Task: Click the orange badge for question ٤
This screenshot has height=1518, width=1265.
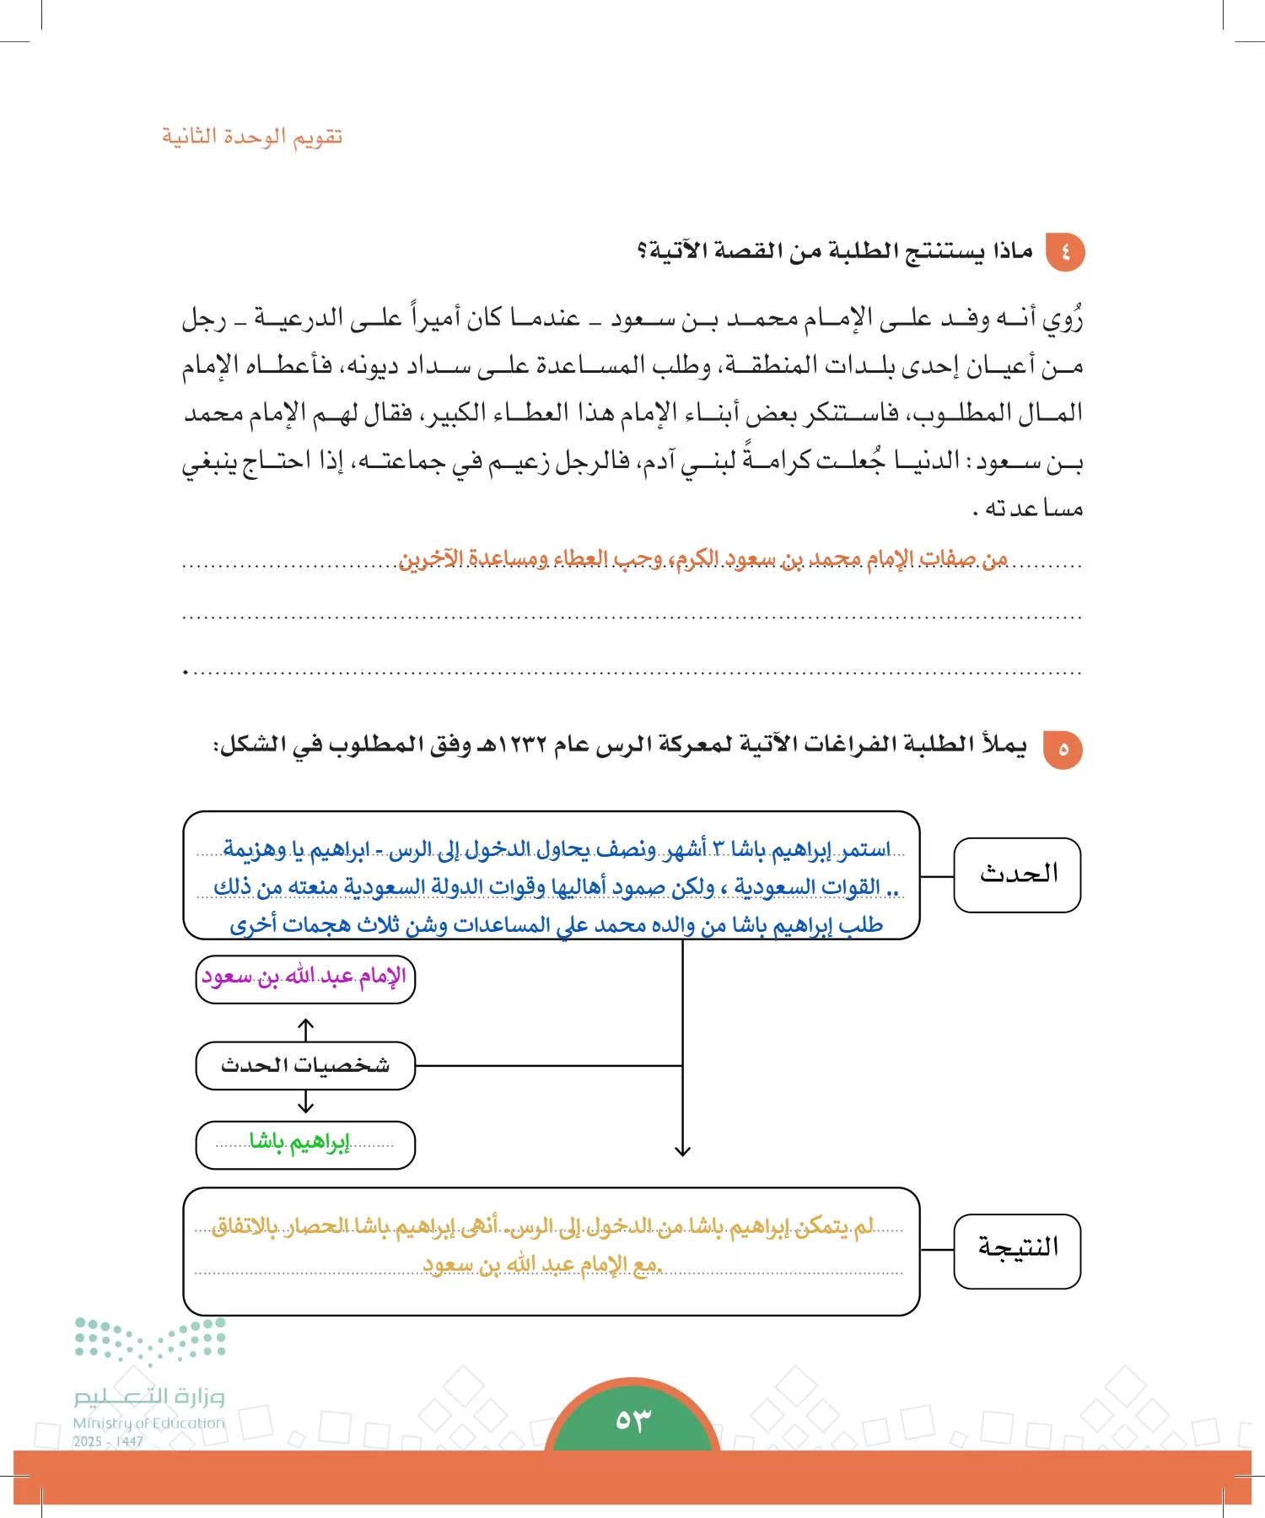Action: [x=1064, y=251]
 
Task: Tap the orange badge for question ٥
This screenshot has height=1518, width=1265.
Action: [x=1063, y=749]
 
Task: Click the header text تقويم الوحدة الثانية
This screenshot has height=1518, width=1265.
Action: [x=252, y=137]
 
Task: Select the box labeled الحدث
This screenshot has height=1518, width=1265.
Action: [x=1017, y=875]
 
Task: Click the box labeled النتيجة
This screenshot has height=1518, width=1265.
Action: [x=1017, y=1250]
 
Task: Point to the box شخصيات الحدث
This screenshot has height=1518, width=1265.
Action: [x=305, y=1065]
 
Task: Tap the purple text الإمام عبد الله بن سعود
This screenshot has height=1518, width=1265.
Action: [x=304, y=977]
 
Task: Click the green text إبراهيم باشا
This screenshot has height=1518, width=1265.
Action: [x=299, y=1143]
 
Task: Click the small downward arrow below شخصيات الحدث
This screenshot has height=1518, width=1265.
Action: [x=305, y=1102]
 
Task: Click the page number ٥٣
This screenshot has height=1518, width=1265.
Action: [x=632, y=1419]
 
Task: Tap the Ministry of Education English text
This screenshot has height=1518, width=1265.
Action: [x=149, y=1423]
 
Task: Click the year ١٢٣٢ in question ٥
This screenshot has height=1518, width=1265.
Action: [x=522, y=746]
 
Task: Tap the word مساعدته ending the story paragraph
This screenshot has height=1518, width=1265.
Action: [x=1034, y=508]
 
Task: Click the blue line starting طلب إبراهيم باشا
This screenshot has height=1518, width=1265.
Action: [x=557, y=925]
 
